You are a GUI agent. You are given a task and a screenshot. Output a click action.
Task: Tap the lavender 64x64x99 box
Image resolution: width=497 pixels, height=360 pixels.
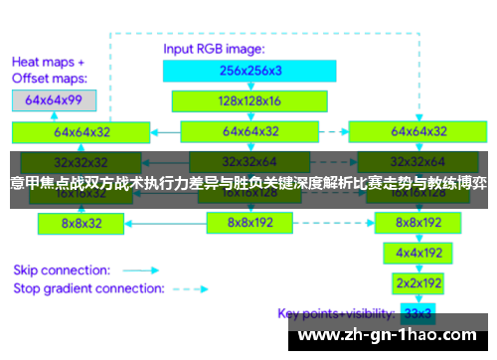click(54, 99)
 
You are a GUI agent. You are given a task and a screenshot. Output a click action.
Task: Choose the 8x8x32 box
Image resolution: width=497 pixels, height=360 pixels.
click(82, 224)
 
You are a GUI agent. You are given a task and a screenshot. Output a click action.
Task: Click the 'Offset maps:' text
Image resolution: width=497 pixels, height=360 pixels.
click(49, 77)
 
